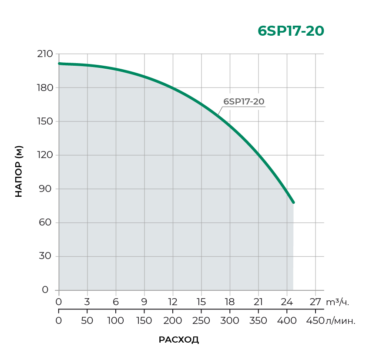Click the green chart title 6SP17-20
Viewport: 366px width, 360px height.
pos(291,31)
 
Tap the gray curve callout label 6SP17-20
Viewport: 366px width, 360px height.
pos(244,101)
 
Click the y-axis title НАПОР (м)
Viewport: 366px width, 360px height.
pos(19,171)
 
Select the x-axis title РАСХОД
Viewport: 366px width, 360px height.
pos(179,340)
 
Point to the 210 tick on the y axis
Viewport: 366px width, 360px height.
pos(45,54)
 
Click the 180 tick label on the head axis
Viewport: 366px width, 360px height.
pos(45,87)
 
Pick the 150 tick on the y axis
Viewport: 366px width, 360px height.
pos(45,121)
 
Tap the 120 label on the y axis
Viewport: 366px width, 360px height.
pos(45,155)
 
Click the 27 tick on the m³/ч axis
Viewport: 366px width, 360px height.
pos(315,302)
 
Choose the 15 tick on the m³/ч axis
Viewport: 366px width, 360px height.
pos(201,302)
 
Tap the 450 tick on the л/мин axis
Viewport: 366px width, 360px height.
pos(315,321)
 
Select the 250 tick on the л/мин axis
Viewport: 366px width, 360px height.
pos(201,321)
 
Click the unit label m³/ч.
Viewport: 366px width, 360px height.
pos(338,302)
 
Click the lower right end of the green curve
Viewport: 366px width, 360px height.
pos(293,202)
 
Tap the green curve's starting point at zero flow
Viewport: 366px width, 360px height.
pos(59,64)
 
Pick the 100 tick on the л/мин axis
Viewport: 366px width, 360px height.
pos(116,321)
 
